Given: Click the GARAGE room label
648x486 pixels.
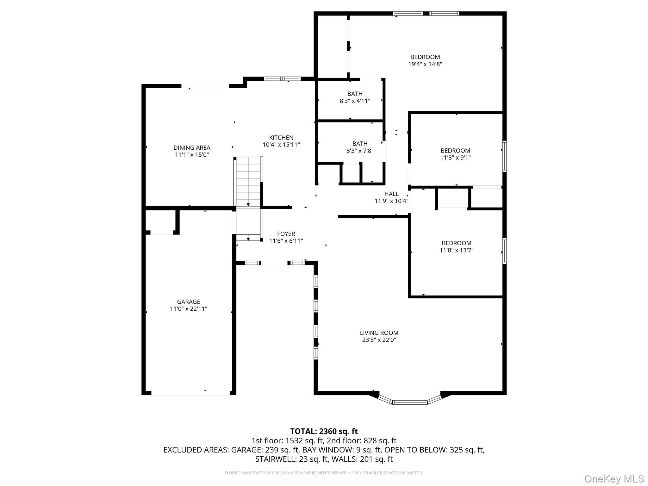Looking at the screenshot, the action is point(189,302).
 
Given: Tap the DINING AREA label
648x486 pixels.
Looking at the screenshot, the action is point(192,147).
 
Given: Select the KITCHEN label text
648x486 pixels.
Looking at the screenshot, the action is point(281,138).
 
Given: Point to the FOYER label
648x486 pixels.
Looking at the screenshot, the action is point(286,234).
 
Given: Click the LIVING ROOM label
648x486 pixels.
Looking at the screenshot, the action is point(379,333).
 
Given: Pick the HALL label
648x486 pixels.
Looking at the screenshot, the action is point(391,194).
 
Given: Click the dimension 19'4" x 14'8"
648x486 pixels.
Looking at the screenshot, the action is point(425,64).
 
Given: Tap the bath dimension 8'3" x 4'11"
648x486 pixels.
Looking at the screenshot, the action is point(355,101).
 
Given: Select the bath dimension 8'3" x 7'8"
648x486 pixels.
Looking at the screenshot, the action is point(360,151).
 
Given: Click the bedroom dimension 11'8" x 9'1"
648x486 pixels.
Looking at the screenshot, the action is point(456,158).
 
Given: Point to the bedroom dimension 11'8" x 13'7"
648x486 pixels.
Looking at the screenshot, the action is point(457,250).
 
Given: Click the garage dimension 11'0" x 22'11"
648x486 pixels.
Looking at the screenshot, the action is point(189,309).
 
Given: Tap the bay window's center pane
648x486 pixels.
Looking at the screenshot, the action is point(410,402).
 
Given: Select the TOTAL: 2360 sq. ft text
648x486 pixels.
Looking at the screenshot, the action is point(324,431).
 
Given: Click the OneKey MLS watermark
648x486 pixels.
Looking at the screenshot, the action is point(614,479).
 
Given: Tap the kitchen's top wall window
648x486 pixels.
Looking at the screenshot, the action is point(282,79).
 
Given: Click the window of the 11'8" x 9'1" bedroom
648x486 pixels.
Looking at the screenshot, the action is point(505,156).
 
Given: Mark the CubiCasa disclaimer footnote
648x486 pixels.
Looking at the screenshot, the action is point(324,473).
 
